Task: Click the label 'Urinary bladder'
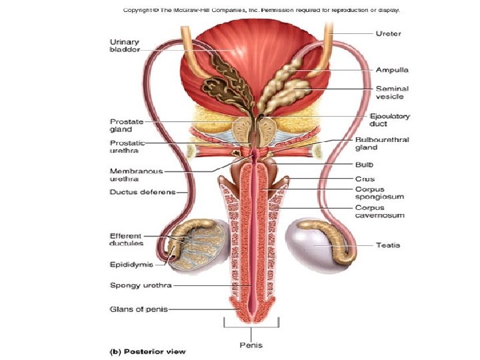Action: point(125,46)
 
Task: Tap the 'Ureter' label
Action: point(388,33)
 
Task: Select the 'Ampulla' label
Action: point(392,69)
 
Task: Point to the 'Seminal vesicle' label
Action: point(392,92)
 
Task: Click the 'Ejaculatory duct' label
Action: point(390,119)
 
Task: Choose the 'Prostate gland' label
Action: point(125,125)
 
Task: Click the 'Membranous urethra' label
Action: point(136,175)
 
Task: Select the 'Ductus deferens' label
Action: point(142,193)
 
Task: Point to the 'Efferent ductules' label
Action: point(126,239)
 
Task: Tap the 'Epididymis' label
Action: point(131,265)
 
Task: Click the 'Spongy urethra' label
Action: point(141,285)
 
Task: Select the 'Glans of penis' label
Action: point(139,309)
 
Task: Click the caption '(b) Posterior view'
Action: point(147,351)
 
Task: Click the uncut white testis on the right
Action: point(314,245)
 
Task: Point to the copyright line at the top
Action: point(261,10)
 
